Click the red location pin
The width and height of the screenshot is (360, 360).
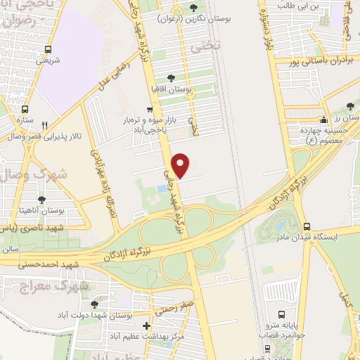tap(181, 165)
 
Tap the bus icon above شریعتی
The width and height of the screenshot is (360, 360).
tap(47, 49)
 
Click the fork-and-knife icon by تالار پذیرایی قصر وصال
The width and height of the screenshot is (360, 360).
tap(45, 124)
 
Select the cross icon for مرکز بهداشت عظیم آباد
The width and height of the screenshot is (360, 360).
tap(146, 326)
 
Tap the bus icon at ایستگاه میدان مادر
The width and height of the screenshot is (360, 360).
tap(306, 226)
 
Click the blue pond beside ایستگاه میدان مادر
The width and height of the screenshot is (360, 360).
tap(281, 226)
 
